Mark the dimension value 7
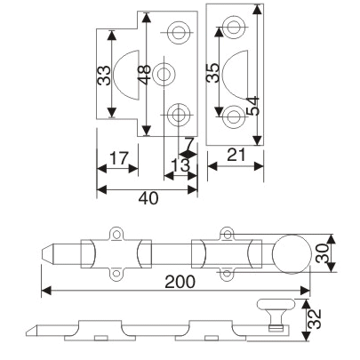coord(189,142)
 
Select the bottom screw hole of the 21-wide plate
coord(235,116)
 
